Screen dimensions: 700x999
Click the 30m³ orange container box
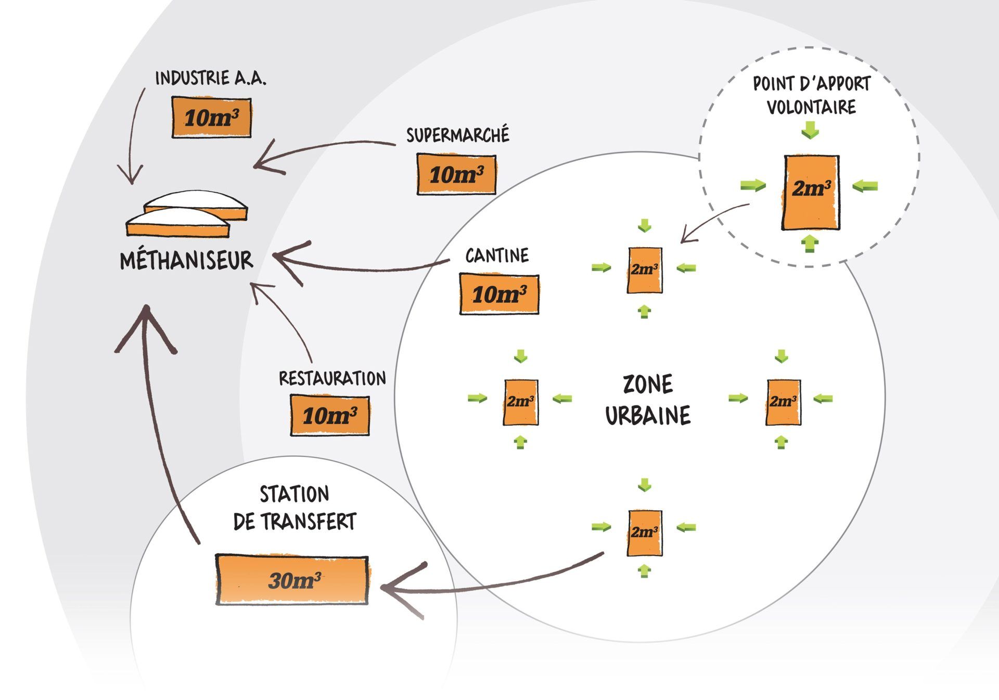coord(292,580)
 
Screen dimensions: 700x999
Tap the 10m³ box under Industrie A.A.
coord(211,118)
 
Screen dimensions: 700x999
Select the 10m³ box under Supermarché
coord(456,174)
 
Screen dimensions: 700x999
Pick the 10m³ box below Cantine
coord(499,295)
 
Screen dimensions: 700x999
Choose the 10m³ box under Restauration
coord(329,415)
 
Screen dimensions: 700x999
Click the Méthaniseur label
coord(186,260)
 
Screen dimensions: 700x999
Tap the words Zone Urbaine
coord(648,400)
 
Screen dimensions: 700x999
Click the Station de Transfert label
coord(294,508)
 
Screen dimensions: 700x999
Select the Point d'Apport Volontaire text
coord(811,95)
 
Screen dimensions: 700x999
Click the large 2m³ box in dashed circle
coord(811,192)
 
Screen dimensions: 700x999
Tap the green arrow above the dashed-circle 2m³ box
coord(810,130)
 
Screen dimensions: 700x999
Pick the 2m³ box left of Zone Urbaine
coord(520,402)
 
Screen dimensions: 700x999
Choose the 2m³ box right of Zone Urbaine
coord(783,402)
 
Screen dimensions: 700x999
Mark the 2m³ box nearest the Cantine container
coord(645,270)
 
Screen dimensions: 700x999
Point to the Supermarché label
coord(457,135)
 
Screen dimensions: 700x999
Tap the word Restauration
coord(332,378)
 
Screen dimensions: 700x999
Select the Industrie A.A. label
coord(211,79)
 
